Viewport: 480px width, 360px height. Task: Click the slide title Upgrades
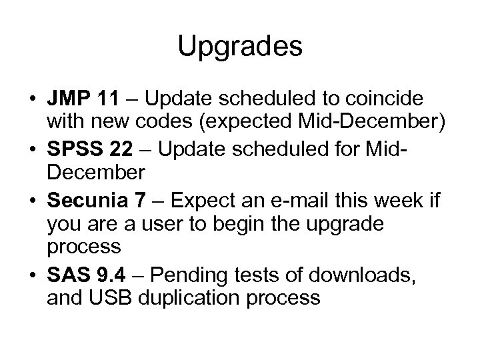[240, 47]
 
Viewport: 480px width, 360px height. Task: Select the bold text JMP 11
[83, 99]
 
